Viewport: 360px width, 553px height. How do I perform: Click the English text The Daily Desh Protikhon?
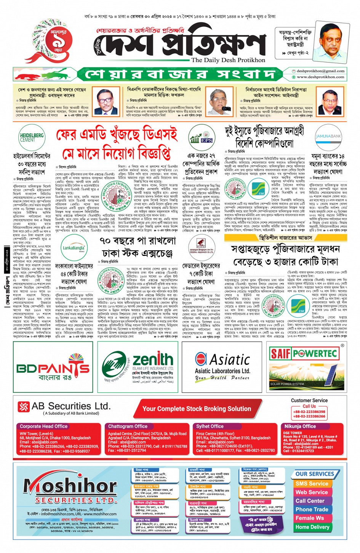tap(228, 60)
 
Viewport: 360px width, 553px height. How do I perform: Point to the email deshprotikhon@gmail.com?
tap(320, 71)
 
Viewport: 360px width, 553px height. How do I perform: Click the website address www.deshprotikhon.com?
tap(320, 77)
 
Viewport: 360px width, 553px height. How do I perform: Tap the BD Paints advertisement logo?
tap(53, 368)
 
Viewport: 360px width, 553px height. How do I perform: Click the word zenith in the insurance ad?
tap(153, 359)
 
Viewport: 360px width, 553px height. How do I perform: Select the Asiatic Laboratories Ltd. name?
tap(222, 371)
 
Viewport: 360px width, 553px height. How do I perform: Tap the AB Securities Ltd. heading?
tap(70, 406)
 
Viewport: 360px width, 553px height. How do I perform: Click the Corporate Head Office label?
tap(43, 427)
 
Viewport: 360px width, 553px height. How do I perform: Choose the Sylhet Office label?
tap(210, 427)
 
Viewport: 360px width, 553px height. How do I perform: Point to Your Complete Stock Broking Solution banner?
tap(197, 409)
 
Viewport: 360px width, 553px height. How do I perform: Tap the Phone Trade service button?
tap(312, 510)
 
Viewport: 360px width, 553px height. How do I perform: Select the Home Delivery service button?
tap(312, 527)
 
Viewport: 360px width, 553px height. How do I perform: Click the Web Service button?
tap(312, 492)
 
